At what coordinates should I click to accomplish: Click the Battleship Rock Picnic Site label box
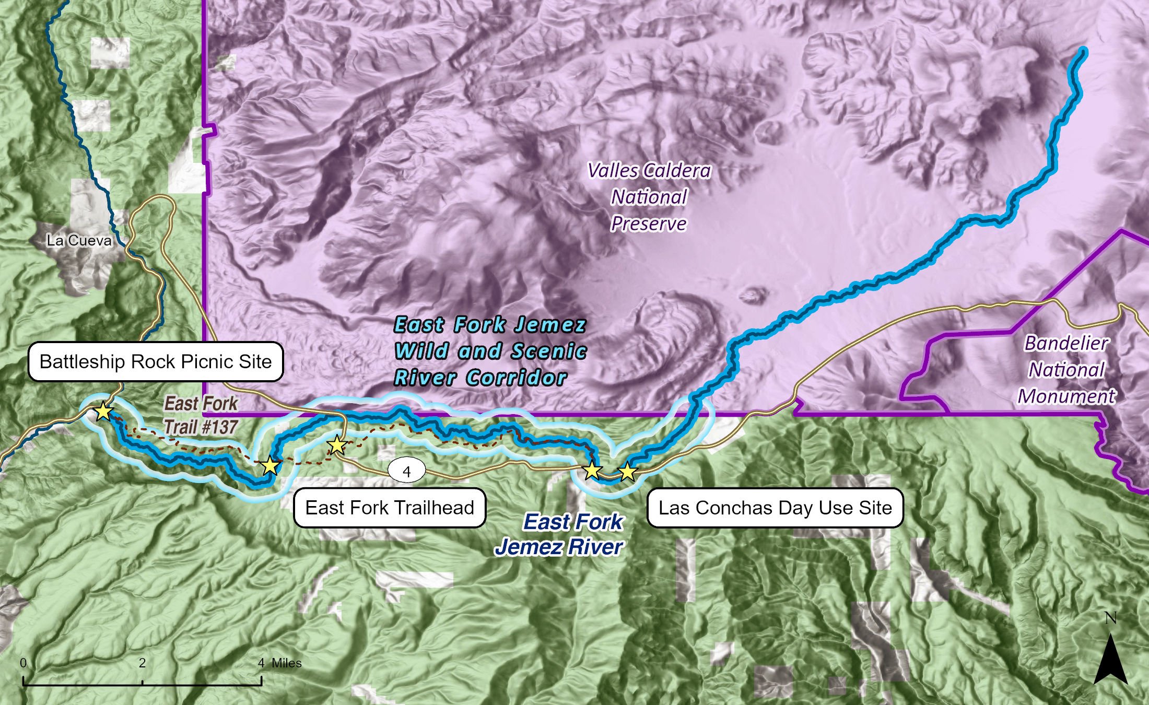155,361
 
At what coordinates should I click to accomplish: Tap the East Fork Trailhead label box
390,508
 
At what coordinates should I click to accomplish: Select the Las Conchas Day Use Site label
775,508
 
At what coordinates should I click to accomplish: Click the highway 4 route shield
407,472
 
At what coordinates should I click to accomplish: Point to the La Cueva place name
79,241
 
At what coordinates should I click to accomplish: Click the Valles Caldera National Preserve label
649,197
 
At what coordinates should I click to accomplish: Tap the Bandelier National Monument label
1066,370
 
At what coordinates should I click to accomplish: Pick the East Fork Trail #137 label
201,415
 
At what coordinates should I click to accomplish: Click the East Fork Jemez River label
560,534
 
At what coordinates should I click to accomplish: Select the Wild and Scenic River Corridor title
490,351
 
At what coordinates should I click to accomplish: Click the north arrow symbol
1110,659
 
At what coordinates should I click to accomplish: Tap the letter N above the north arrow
1110,618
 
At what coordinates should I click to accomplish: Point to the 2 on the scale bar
142,663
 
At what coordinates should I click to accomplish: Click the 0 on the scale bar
24,663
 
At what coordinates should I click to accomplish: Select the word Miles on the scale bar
286,663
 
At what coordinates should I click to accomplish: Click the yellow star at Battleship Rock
103,412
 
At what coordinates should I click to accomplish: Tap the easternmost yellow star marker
627,472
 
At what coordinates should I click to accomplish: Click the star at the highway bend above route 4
337,445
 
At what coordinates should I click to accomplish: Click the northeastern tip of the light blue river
1084,51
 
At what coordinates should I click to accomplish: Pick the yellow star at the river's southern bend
269,465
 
